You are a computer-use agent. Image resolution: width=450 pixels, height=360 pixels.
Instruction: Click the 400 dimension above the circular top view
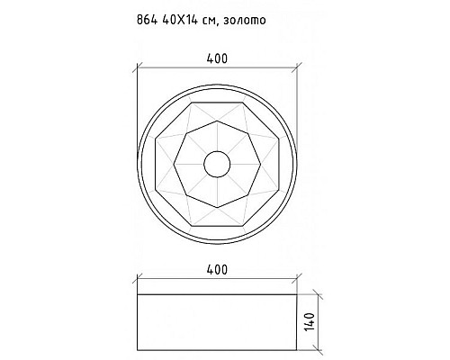coord(216,58)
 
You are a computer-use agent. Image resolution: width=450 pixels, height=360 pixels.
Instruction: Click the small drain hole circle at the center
coord(216,164)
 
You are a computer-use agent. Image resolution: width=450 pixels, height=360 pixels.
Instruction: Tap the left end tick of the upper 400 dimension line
coord(138,68)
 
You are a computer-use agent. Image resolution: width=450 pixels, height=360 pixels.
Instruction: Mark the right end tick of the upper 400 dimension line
coord(295,68)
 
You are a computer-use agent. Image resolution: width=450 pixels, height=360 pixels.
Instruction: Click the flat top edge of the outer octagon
coord(216,102)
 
